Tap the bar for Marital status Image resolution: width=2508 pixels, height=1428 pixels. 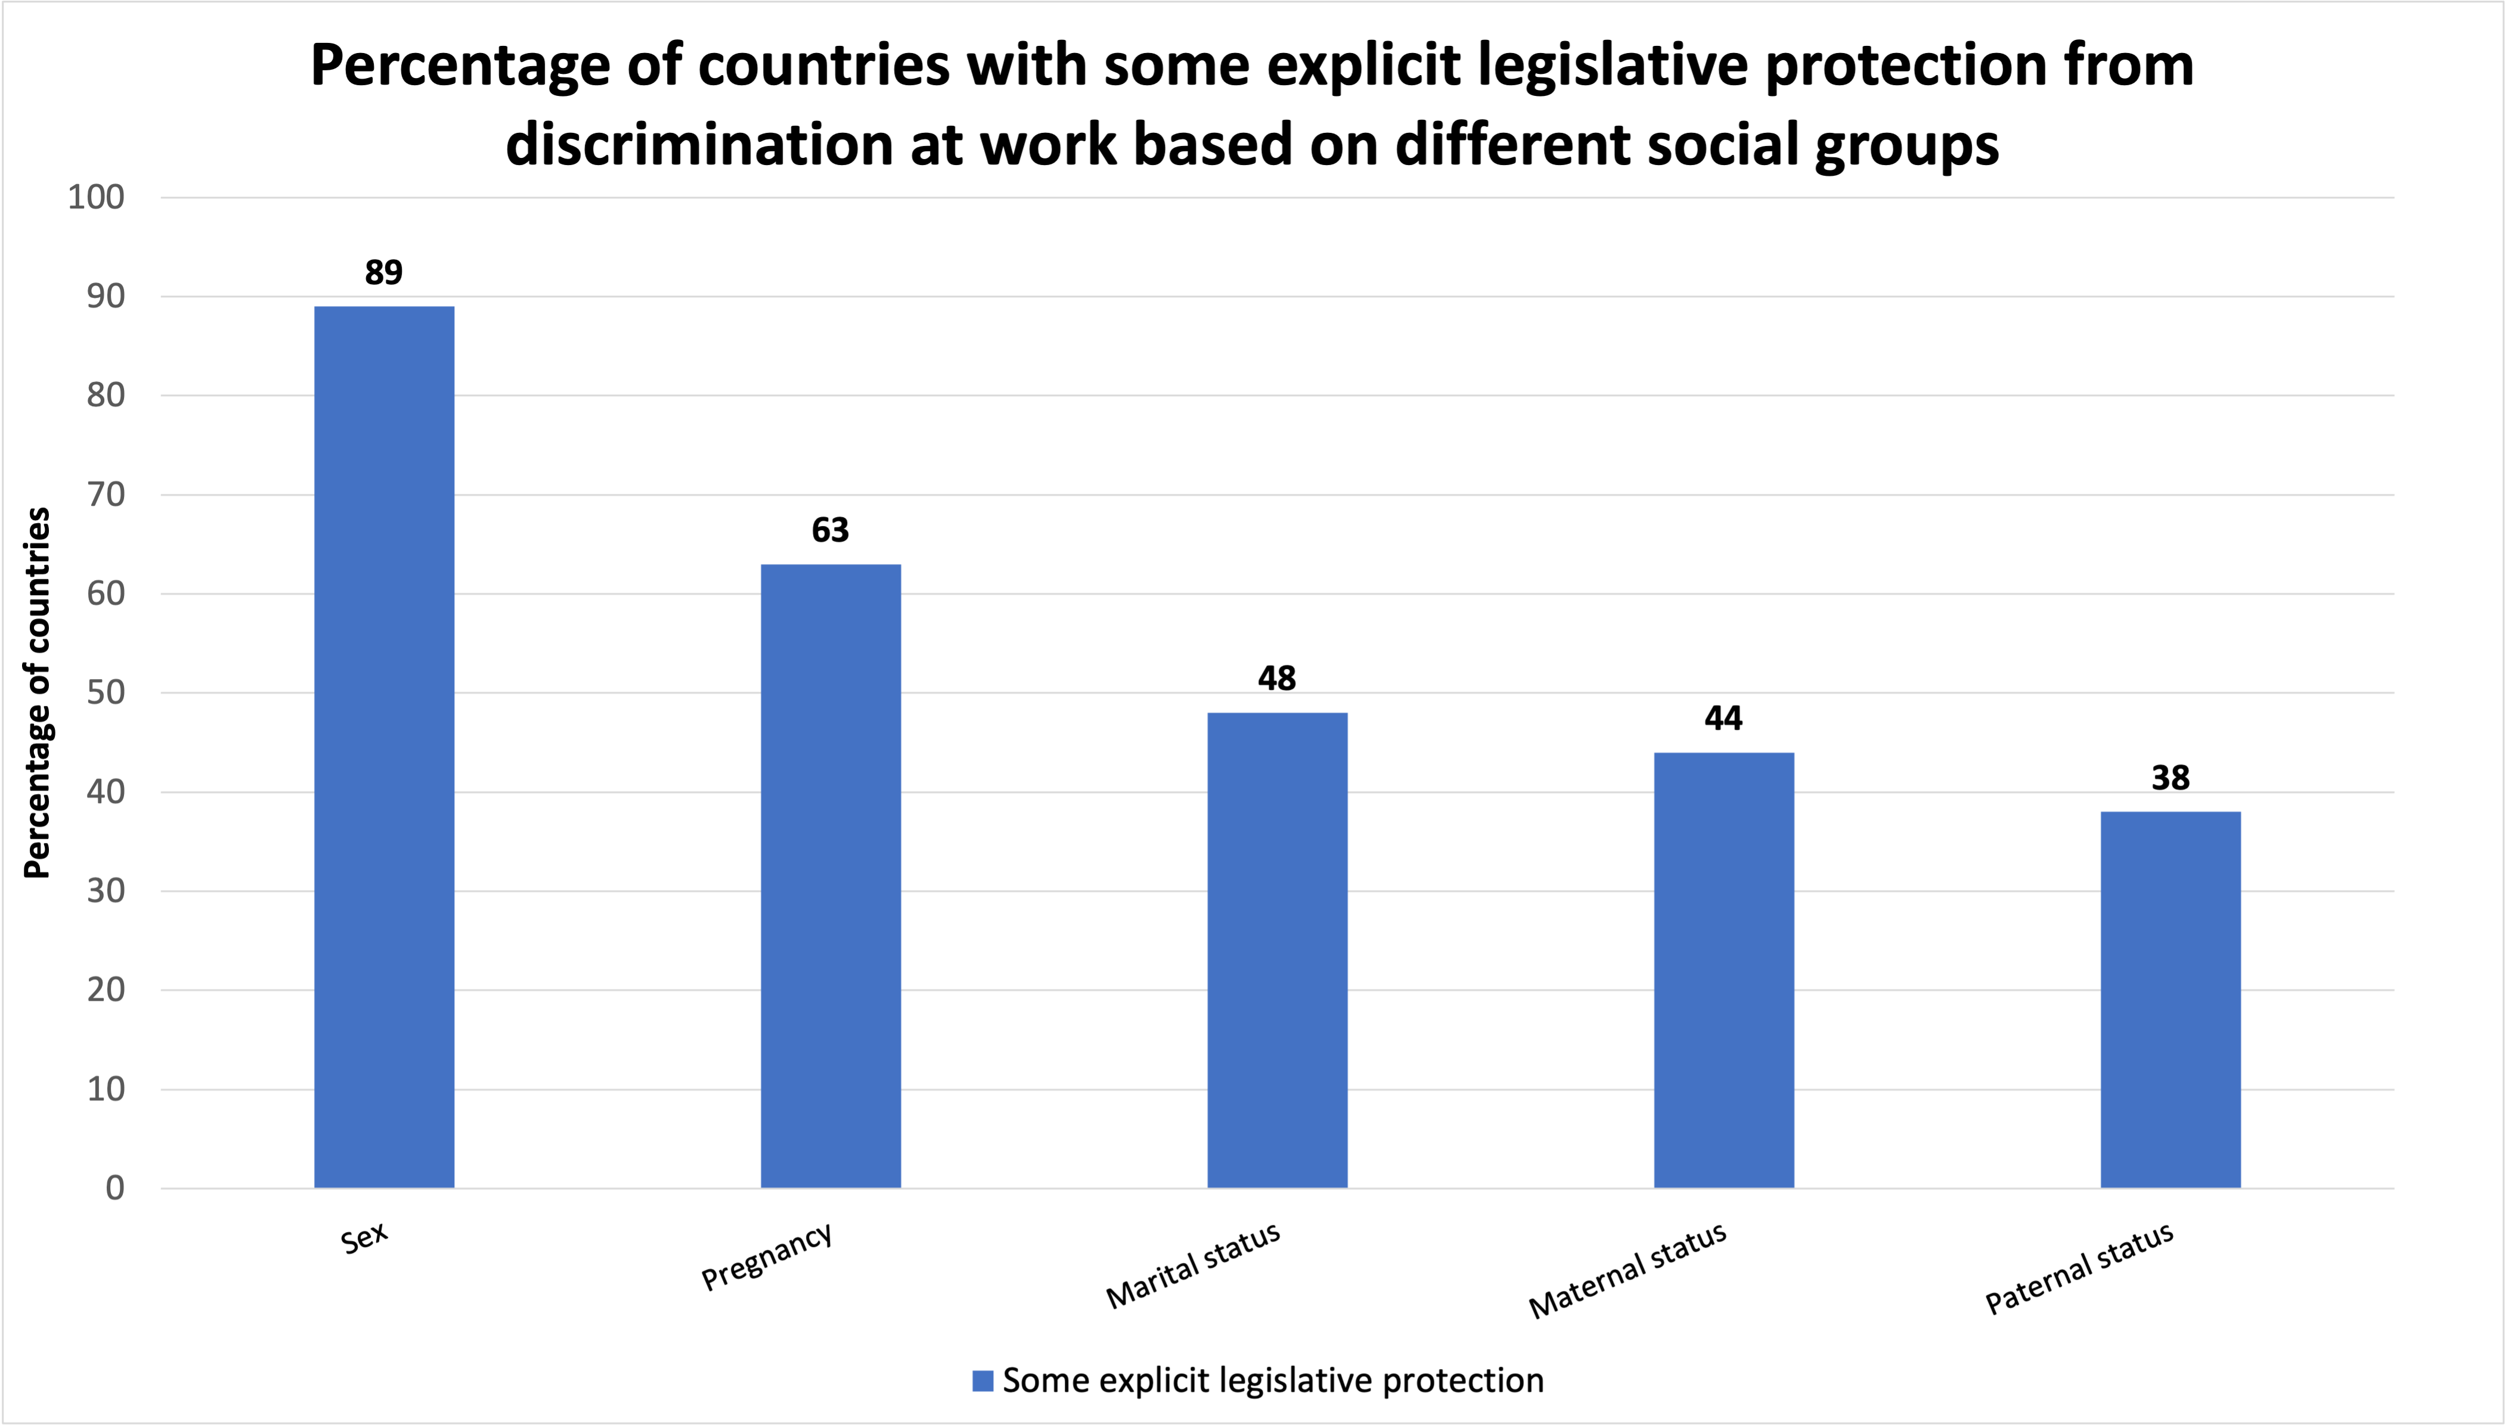(1276, 950)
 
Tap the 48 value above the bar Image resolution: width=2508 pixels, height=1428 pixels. (1276, 678)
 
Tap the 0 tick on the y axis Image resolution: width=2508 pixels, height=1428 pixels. (115, 1188)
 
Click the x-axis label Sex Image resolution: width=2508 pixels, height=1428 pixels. (365, 1238)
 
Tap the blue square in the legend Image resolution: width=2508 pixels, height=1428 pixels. (982, 1381)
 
